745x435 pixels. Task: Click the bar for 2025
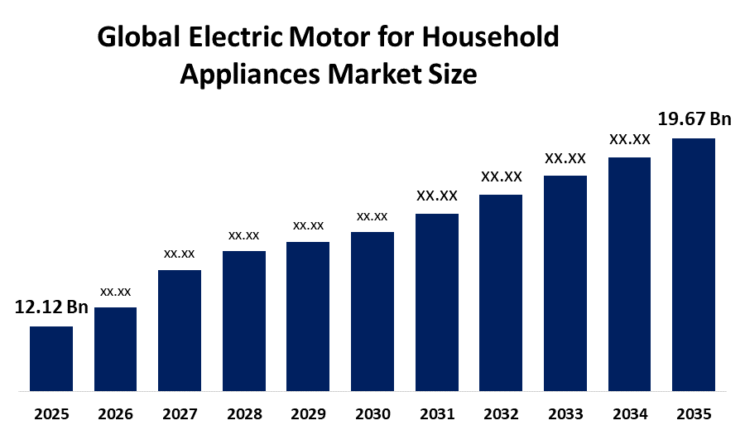tap(51, 358)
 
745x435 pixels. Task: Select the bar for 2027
tap(180, 330)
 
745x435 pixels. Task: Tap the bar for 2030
tap(372, 311)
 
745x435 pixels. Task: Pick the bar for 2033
tap(565, 283)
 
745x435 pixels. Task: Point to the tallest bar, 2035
tap(694, 263)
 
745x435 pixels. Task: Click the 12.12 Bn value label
tap(51, 308)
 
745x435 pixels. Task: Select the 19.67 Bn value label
tap(694, 119)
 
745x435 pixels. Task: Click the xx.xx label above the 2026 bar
tap(115, 292)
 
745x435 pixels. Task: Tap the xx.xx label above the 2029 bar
tap(308, 225)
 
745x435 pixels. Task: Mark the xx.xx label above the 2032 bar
tap(502, 176)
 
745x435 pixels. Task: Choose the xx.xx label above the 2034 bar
tap(630, 139)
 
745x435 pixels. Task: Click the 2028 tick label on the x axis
tap(244, 413)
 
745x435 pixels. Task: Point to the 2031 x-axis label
tap(437, 413)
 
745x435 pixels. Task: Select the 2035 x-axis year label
tap(694, 413)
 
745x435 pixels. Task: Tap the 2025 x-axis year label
tap(51, 413)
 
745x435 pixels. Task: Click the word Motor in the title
tap(318, 38)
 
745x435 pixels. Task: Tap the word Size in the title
tap(453, 75)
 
